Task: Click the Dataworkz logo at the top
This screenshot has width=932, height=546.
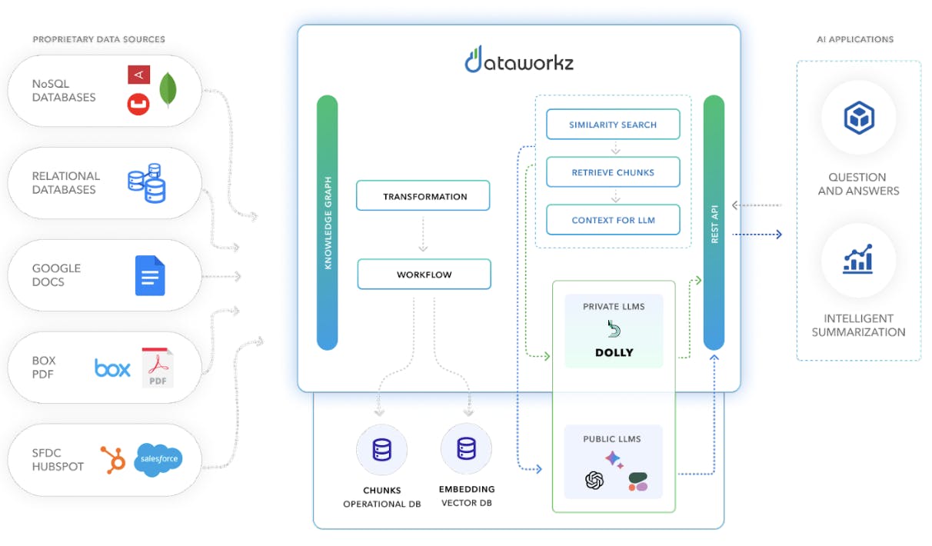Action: point(519,59)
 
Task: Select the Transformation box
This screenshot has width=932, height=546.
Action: point(423,196)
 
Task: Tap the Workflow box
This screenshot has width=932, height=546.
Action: point(424,275)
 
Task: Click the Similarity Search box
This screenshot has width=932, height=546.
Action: point(613,125)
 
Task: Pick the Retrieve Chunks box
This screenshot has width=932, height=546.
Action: point(613,172)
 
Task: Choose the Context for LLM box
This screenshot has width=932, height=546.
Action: point(613,220)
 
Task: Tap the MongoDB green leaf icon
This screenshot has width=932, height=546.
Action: point(168,91)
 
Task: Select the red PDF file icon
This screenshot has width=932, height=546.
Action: point(158,368)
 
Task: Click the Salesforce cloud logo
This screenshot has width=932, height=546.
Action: point(158,459)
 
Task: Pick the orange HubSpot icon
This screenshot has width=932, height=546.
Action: point(114,459)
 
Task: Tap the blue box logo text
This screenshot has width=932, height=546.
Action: point(112,368)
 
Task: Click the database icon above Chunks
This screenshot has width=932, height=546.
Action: point(382,449)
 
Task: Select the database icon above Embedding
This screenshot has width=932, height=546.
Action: point(466,449)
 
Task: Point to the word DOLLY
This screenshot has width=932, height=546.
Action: point(614,353)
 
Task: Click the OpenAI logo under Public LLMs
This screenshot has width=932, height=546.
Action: point(594,481)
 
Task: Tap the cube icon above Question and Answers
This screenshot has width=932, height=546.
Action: point(858,118)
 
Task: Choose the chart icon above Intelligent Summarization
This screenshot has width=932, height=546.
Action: point(858,260)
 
